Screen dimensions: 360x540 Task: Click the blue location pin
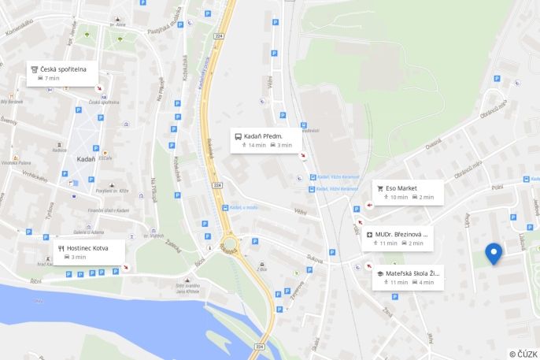click(494, 253)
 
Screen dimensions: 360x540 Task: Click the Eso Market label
click(401, 188)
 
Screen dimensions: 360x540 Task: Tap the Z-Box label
click(262, 269)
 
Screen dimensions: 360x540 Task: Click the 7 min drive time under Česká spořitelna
click(53, 79)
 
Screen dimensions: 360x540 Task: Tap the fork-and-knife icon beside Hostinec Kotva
click(61, 248)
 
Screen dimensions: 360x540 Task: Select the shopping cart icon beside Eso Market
click(380, 188)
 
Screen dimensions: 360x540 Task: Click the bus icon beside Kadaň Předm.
click(238, 136)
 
